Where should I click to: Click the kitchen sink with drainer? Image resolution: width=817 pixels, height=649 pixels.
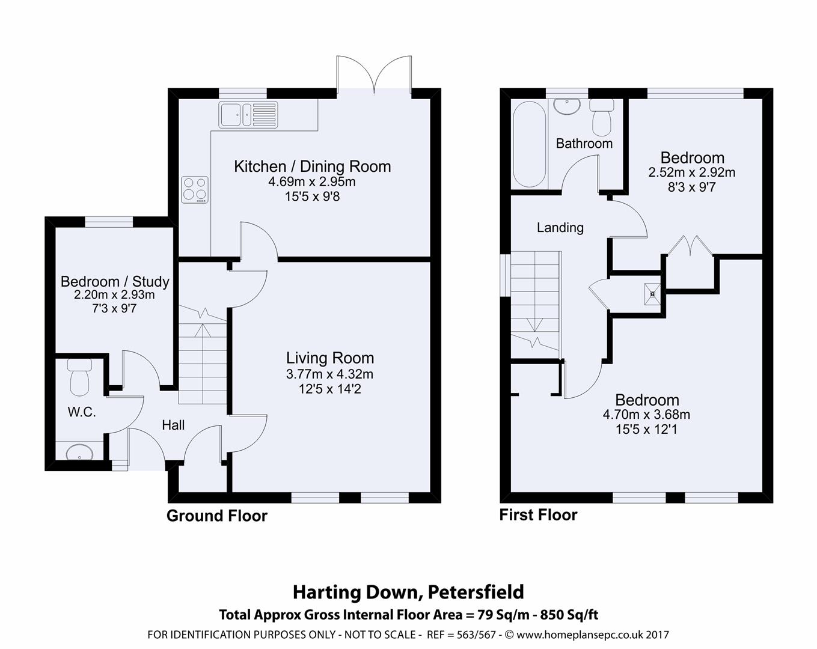[x=248, y=114]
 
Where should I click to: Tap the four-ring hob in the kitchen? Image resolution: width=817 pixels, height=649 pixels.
[x=194, y=189]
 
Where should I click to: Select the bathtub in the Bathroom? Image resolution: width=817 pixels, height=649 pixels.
[x=529, y=145]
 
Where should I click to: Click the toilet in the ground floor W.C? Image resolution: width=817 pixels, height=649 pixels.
[x=79, y=377]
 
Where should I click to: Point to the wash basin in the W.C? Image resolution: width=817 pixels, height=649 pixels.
[x=79, y=452]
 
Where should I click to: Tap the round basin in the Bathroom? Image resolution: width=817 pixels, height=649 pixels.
[x=566, y=106]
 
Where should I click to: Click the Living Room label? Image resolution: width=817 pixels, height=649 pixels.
[x=329, y=358]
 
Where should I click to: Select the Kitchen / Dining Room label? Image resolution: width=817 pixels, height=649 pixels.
[x=312, y=166]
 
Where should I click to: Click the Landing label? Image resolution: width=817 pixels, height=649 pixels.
[x=560, y=227]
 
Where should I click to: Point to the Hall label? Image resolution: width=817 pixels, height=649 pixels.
[x=173, y=425]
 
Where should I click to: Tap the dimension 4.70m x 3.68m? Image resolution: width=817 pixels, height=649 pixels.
[x=646, y=415]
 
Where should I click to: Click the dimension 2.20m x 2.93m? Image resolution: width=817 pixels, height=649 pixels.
[x=114, y=295]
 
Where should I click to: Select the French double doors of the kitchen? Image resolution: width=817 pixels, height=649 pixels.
[x=375, y=75]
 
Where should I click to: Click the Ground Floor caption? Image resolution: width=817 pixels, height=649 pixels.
[x=216, y=516]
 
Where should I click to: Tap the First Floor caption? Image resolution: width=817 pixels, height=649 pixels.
[x=538, y=515]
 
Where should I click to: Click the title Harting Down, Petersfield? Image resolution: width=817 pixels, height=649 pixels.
[x=408, y=592]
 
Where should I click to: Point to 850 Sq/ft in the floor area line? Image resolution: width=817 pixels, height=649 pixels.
[x=569, y=615]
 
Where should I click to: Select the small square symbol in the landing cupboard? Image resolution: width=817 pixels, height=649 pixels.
[x=652, y=294]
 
